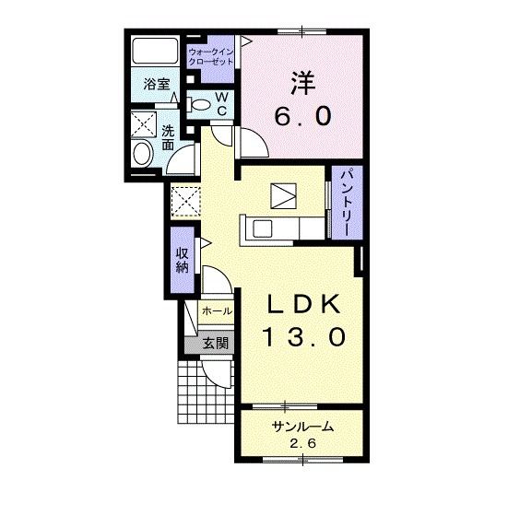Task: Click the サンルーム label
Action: pyautogui.click(x=301, y=427)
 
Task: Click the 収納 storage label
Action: pyautogui.click(x=182, y=261)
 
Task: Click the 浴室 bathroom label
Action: pyautogui.click(x=157, y=84)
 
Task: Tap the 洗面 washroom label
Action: pyautogui.click(x=168, y=137)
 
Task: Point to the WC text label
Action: pyautogui.click(x=221, y=104)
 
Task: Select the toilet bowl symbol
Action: pyautogui.click(x=198, y=104)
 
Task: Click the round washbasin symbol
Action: pyautogui.click(x=143, y=154)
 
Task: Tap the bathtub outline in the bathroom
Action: pyautogui.click(x=156, y=51)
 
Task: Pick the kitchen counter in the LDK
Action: pyautogui.click(x=281, y=227)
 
